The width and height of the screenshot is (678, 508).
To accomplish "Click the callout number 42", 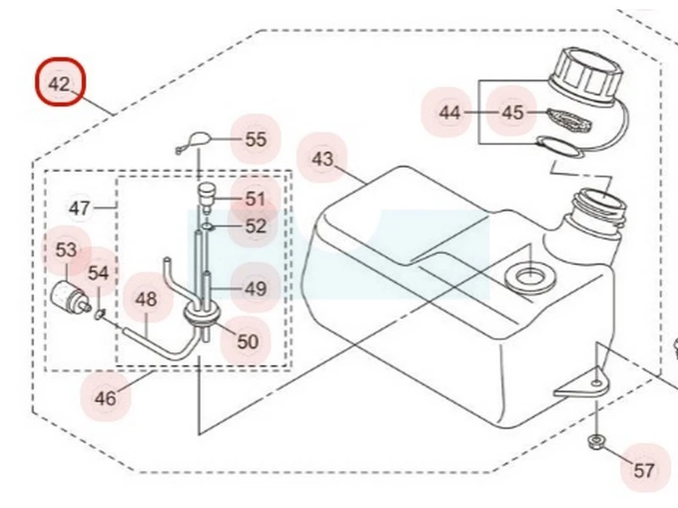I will click(x=59, y=84).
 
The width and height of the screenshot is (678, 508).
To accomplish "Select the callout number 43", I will click(x=323, y=159).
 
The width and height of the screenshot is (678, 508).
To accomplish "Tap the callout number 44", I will click(x=449, y=112).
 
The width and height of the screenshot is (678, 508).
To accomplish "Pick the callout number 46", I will click(x=106, y=397).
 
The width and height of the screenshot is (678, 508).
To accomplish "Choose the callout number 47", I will click(x=79, y=207).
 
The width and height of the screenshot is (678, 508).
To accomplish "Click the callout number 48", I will click(x=147, y=299).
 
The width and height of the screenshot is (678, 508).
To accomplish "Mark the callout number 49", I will click(x=255, y=289).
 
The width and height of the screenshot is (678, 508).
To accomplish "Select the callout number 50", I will click(x=247, y=342).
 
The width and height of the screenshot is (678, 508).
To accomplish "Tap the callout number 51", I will click(x=255, y=199).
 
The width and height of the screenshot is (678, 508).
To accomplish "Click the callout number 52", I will click(x=255, y=226).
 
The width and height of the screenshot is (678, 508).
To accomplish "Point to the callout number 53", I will click(x=66, y=250).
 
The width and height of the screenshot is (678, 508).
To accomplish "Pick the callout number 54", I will click(x=98, y=273).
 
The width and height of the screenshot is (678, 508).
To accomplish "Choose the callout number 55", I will click(x=255, y=139).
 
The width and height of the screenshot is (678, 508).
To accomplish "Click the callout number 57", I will click(x=644, y=470).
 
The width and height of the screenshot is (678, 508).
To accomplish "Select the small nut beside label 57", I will click(x=596, y=440).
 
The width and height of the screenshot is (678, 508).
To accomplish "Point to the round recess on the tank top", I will click(x=527, y=275).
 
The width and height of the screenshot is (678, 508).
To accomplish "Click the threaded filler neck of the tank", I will click(x=597, y=207).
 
